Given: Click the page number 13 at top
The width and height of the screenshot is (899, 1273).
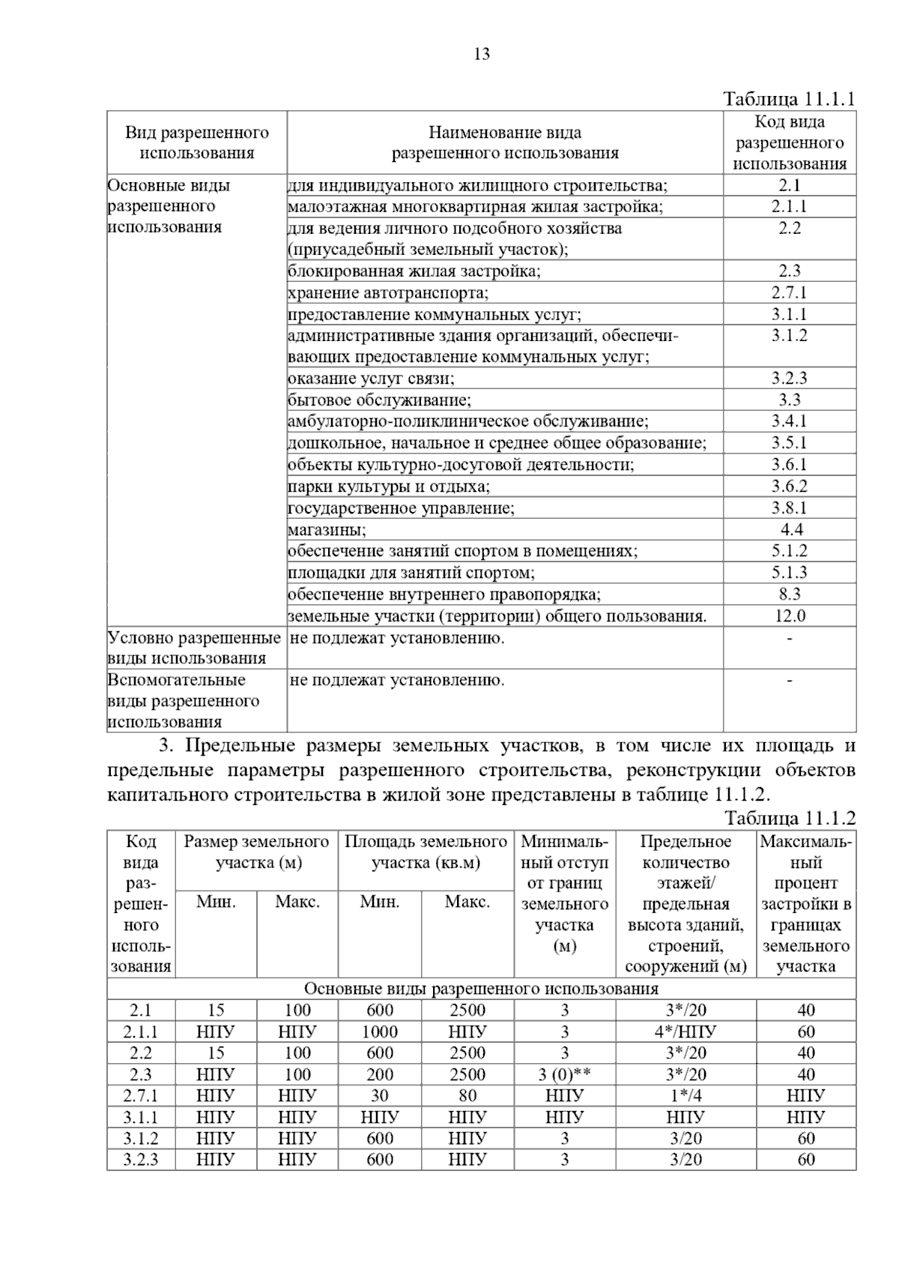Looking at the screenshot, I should pos(482,54).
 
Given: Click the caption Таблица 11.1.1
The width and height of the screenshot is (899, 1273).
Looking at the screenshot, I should pos(789,99).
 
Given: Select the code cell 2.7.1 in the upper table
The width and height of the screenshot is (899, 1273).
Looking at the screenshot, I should pos(790,292).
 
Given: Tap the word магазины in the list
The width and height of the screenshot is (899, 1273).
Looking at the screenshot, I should pos(327,530).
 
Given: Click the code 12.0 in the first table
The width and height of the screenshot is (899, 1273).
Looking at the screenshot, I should pos(790,616).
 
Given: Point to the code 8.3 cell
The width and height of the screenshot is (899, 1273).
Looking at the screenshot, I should pos(790,595).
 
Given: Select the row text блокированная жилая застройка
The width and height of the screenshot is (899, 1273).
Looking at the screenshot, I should pos(414,271).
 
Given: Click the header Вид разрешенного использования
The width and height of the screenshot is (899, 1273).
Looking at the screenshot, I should pos(197,142).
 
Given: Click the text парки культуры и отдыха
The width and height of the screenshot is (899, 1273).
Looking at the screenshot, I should pos(389,487).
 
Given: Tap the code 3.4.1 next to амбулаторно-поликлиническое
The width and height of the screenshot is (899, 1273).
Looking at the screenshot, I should pos(790,421).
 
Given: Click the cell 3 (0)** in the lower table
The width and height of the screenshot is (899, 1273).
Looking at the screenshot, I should pos(564,1074).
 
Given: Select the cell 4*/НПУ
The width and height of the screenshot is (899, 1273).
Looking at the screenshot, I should pos(685,1032).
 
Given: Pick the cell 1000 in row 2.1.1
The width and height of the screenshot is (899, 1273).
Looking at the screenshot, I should pos(379,1032).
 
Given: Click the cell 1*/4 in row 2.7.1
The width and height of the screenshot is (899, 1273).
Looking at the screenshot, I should pos(685,1095).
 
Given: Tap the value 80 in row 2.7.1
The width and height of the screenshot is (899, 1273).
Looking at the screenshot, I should pos(467,1095).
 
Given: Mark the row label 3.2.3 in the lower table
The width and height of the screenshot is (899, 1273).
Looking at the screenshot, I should pos(141,1159).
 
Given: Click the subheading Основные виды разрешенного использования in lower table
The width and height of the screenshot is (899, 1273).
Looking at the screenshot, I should pos(481,988).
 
